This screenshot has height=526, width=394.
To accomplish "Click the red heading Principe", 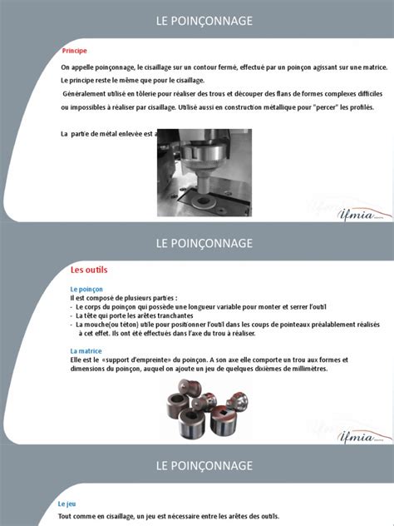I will tap(75, 50).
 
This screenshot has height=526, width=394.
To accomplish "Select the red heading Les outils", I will tap(89, 270).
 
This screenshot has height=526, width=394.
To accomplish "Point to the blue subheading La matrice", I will tap(86, 350).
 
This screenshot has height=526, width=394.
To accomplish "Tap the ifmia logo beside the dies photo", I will tap(363, 436).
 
